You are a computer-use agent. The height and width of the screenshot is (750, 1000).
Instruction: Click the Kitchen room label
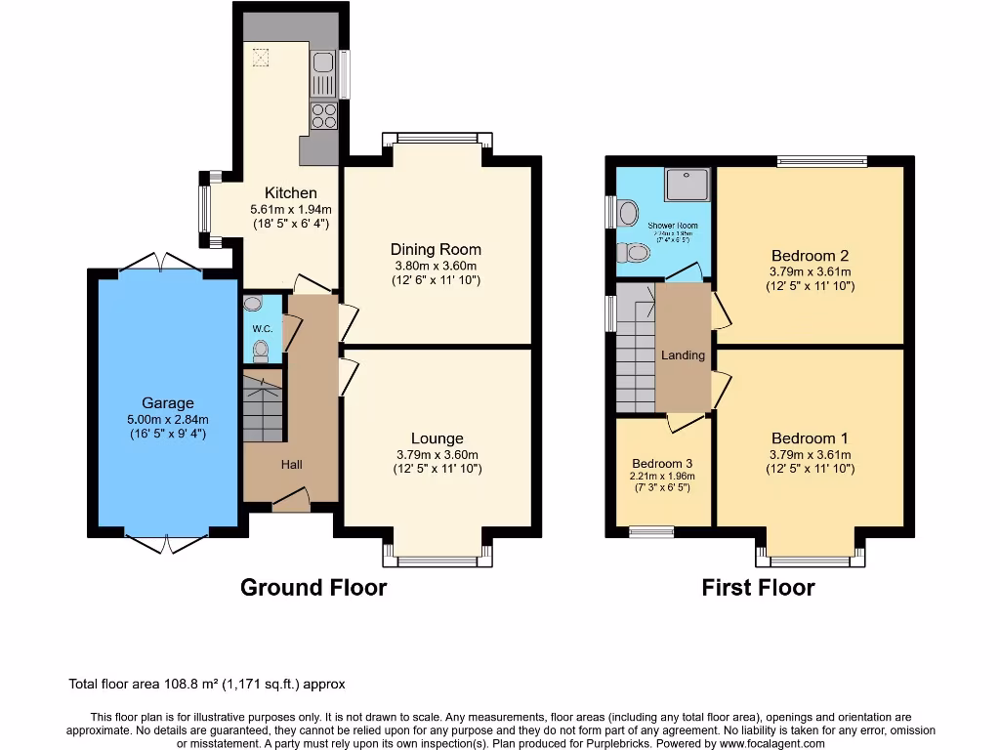[x=291, y=193]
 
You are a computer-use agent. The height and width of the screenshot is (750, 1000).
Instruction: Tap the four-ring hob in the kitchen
[x=324, y=117]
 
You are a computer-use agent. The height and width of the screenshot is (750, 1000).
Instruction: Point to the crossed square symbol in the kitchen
[x=261, y=58]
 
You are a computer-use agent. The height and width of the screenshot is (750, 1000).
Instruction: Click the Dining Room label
[x=436, y=250]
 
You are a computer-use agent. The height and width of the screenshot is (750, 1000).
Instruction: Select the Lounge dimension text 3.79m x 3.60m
[x=437, y=454]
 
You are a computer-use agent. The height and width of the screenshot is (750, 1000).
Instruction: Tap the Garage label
[x=168, y=402]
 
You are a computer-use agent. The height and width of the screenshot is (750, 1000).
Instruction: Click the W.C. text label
[x=262, y=329]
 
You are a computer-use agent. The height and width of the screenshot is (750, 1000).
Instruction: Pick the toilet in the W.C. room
[x=260, y=348]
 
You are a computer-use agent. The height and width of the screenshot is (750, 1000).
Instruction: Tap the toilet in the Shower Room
[x=636, y=254]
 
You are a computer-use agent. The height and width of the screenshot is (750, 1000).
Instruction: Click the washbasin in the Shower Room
[x=627, y=211]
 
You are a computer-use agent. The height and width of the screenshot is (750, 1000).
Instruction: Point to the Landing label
[x=683, y=355]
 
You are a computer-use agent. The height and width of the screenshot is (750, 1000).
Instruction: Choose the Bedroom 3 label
[x=662, y=463]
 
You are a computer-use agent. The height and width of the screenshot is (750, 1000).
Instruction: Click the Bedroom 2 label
[x=811, y=257]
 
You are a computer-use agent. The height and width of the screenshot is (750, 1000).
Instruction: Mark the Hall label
[x=291, y=465]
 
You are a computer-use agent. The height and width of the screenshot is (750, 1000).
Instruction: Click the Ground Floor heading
[x=313, y=587]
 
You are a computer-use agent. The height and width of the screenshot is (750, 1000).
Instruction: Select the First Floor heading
[x=758, y=587]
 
